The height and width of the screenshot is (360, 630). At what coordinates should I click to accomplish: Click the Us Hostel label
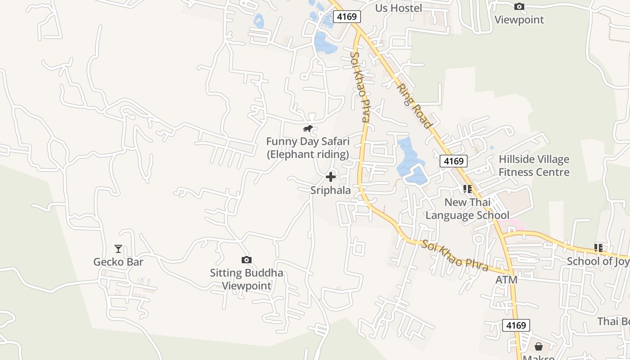[x=399, y=8]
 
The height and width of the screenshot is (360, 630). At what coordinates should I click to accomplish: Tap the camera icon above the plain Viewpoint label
[x=519, y=6]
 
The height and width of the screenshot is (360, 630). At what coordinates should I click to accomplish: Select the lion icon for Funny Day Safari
[x=308, y=129]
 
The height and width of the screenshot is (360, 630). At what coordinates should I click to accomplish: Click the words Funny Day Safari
[x=308, y=142]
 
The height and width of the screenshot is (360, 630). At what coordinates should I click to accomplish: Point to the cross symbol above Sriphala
[x=331, y=177]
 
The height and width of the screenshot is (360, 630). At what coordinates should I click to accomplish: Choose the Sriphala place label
[x=331, y=190]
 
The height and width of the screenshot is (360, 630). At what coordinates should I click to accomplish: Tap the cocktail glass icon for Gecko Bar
[x=118, y=249]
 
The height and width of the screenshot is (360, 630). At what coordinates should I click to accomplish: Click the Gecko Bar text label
[x=118, y=262]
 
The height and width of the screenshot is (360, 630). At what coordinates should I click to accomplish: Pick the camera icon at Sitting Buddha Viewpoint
[x=246, y=260]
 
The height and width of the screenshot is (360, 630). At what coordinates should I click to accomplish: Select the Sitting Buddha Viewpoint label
[x=247, y=279]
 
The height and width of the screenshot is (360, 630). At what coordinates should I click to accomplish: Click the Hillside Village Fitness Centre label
[x=534, y=166]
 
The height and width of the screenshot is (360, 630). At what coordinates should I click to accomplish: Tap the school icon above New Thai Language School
[x=467, y=189]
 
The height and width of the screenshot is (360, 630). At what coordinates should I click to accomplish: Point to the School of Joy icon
[x=598, y=247]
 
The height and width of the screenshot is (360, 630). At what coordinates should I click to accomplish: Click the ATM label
[x=506, y=280]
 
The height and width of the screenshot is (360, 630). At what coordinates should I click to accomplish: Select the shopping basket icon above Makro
[x=538, y=346]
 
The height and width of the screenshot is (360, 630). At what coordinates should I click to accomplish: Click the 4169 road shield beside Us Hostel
[x=347, y=17]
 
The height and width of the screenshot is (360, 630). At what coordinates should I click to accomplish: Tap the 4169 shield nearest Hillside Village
[x=454, y=161]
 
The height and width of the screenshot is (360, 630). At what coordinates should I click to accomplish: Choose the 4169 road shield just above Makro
[x=516, y=325]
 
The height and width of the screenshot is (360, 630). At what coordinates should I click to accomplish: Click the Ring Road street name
[x=414, y=106]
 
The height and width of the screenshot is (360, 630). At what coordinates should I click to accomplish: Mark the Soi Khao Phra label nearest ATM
[x=455, y=256]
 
